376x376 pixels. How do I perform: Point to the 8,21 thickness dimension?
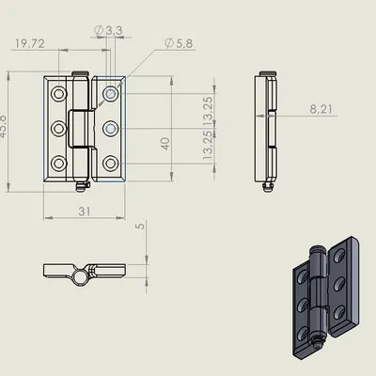(321, 109)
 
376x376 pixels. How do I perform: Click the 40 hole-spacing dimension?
(165, 143)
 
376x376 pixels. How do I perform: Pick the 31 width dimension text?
(85, 212)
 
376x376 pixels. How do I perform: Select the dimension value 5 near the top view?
(138, 226)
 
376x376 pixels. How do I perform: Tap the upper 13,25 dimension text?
(208, 111)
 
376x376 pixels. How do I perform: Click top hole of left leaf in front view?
(58, 95)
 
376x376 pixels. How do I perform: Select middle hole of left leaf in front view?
(58, 128)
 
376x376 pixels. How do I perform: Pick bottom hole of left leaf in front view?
(58, 161)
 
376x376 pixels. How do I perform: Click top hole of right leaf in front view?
(111, 95)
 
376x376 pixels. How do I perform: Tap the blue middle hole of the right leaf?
(111, 128)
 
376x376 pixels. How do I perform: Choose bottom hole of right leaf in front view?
(111, 161)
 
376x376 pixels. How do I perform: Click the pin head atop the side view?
(271, 73)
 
